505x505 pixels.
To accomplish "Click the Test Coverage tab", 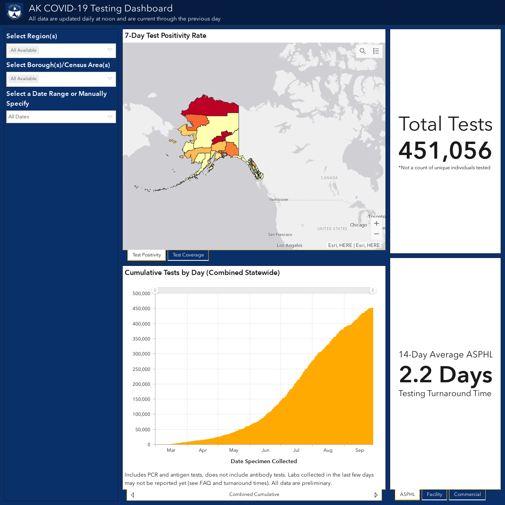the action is tap(188, 255).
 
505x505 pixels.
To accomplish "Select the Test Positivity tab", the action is tap(146, 255).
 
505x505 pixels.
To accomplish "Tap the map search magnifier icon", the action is tap(363, 51).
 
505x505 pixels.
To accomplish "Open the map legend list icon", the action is tap(376, 51).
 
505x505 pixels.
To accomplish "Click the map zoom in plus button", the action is tap(377, 224).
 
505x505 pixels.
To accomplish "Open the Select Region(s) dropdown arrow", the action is tap(110, 50).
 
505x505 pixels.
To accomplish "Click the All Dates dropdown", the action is tap(61, 117).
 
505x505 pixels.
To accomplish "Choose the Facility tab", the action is tap(434, 494).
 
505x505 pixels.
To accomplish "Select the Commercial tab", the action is tap(467, 494).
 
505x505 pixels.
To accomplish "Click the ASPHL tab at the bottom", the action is tap(408, 494).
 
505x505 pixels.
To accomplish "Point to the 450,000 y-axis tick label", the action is tap(142, 309).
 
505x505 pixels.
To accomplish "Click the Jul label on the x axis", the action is tap(296, 450).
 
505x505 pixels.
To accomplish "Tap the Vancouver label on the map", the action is tap(279, 200).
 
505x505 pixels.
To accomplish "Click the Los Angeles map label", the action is tap(290, 245).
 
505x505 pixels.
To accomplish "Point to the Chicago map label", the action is tap(359, 225).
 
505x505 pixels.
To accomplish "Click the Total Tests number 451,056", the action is tap(445, 150).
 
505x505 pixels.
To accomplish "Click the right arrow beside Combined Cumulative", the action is tap(376, 495).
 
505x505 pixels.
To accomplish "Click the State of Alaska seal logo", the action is tap(15, 11).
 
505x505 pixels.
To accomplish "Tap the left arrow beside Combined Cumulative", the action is tap(133, 495).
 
